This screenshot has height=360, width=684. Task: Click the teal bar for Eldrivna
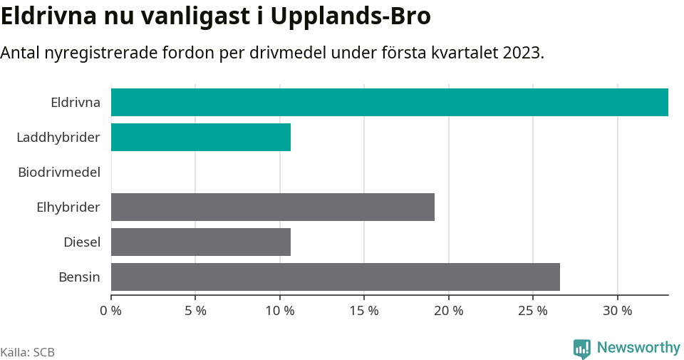pyautogui.click(x=390, y=102)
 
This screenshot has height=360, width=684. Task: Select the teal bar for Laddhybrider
pyautogui.click(x=201, y=137)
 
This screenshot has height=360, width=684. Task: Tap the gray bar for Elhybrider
pyautogui.click(x=273, y=207)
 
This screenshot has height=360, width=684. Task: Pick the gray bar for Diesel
pyautogui.click(x=201, y=242)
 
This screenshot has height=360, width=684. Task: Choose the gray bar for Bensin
pyautogui.click(x=336, y=277)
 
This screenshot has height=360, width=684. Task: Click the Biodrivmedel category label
pyautogui.click(x=59, y=172)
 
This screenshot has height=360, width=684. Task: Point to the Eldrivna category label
pyautogui.click(x=76, y=102)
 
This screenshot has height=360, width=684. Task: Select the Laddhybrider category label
pyautogui.click(x=58, y=137)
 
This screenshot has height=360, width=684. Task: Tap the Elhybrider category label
pyautogui.click(x=68, y=207)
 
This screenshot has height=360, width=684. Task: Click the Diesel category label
pyautogui.click(x=82, y=242)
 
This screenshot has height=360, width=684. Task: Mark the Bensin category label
pyautogui.click(x=79, y=277)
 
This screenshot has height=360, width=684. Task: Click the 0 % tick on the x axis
pyautogui.click(x=111, y=311)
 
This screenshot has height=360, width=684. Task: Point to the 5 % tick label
pyautogui.click(x=195, y=311)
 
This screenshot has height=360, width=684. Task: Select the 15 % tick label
pyautogui.click(x=364, y=311)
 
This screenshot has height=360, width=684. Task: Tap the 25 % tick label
pyautogui.click(x=533, y=311)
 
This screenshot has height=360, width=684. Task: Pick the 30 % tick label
pyautogui.click(x=618, y=311)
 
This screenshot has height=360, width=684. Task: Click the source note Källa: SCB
pyautogui.click(x=28, y=352)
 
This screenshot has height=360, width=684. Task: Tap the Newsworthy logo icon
pyautogui.click(x=582, y=348)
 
